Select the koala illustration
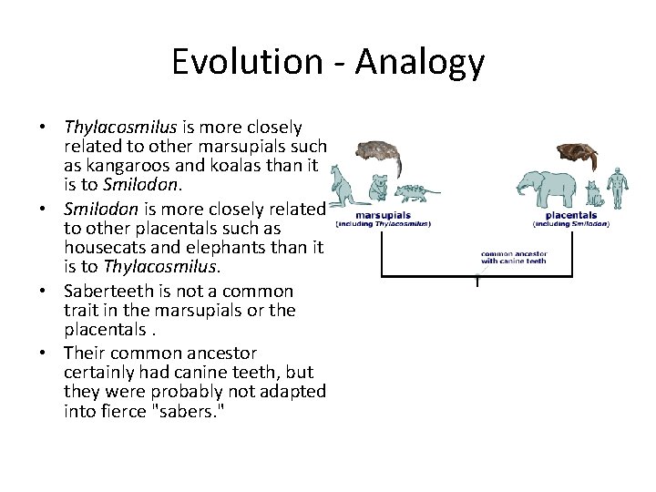376,190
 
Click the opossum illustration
415,192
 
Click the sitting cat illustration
596,193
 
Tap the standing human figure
620,187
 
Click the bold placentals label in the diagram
570,215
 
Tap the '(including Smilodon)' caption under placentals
570,223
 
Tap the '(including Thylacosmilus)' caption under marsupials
384,223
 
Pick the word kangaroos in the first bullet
125,167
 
